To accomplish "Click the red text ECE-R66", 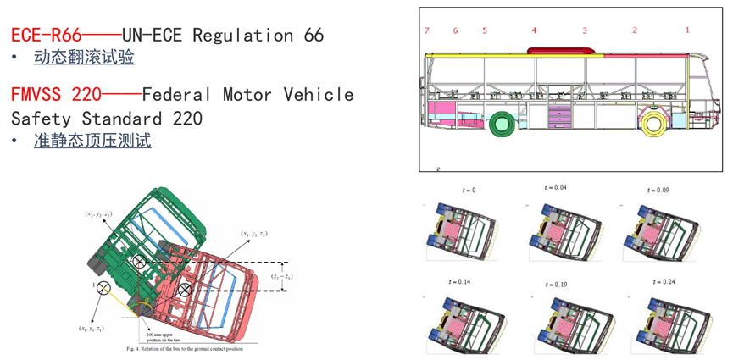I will tap(46, 36).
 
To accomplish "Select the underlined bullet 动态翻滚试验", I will tap(84, 58).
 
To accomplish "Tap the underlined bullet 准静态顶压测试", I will tap(92, 141).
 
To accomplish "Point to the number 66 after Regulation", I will tap(314, 36).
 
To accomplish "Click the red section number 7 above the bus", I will tap(427, 30).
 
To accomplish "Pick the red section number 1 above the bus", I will tap(687, 30).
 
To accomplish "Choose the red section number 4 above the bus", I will tap(534, 30).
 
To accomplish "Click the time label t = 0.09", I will tap(657, 190).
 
